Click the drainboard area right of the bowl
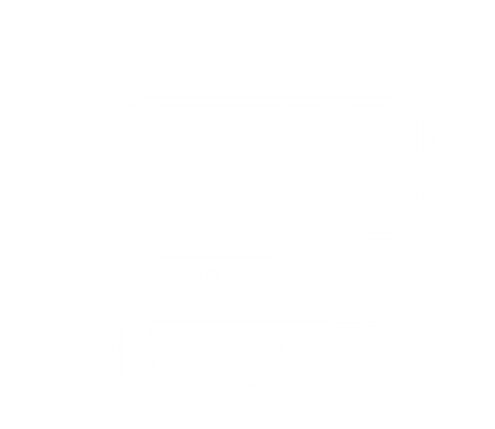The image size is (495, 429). (x=338, y=168)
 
